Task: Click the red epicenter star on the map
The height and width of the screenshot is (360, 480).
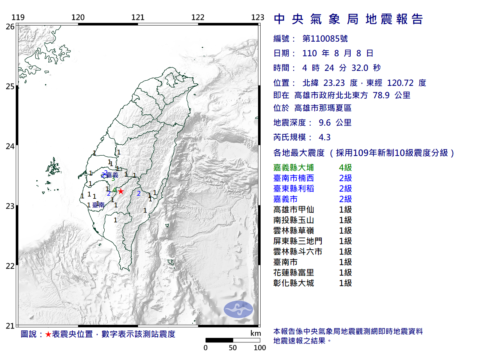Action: (x=121, y=191)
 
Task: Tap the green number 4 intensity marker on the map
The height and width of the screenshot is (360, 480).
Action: (x=114, y=190)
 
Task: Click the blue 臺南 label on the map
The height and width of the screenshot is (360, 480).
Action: (x=99, y=205)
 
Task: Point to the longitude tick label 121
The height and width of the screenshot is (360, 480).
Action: (x=138, y=17)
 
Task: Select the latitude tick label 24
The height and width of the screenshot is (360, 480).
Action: (x=10, y=146)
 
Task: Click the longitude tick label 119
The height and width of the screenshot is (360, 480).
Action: (x=18, y=17)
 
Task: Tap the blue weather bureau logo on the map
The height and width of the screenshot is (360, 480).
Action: (x=238, y=309)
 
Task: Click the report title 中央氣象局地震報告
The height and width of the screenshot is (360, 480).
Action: (x=348, y=19)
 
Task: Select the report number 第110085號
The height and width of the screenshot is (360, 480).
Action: (x=325, y=39)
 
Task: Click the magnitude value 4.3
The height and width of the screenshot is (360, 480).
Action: (x=324, y=137)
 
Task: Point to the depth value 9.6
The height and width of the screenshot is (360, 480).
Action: (x=324, y=123)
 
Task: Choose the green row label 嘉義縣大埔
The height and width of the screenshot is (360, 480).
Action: (x=294, y=168)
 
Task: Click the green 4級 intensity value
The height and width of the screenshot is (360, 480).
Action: (x=345, y=168)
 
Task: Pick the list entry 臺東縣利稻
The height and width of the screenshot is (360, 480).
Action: (x=294, y=189)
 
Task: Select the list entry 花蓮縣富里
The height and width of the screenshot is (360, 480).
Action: (x=294, y=273)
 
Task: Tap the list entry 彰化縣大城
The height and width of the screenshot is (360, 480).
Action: (x=294, y=283)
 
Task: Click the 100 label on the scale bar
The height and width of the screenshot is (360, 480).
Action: (x=259, y=348)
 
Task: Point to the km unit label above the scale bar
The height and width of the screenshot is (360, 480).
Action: (x=255, y=333)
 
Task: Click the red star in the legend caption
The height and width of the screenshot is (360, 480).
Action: (x=48, y=334)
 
